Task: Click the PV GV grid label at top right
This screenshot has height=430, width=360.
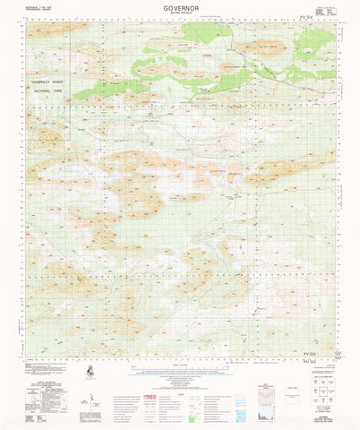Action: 310,16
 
